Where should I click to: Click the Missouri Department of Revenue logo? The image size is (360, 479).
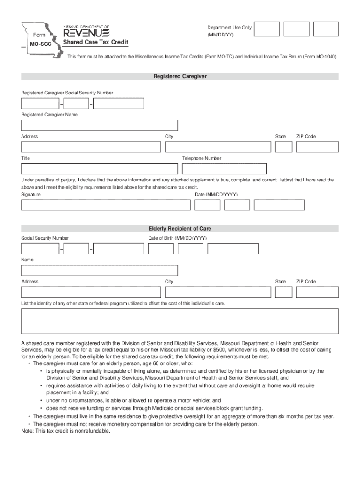coord(86,32)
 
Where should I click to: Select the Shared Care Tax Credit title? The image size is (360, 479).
coord(96,43)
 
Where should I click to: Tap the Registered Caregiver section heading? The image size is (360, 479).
coord(180,76)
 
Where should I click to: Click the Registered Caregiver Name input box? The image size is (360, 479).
coord(99,125)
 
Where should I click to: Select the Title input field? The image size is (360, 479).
coord(99,168)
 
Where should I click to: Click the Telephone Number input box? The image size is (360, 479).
coord(224,168)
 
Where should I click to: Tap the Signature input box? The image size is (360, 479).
coord(106,205)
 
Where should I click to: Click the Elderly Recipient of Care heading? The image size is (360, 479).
coord(180,229)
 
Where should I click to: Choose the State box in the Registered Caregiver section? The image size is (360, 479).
coord(283,147)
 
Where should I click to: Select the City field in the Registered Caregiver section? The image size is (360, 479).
coord(218,147)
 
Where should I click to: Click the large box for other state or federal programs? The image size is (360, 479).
coord(180,321)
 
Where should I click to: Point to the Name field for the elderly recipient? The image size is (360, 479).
coord(99,270)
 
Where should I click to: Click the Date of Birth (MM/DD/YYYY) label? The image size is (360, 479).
coord(177,238)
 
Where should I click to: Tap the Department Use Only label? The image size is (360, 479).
coord(230,28)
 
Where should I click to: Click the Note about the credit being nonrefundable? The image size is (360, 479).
coord(66,431)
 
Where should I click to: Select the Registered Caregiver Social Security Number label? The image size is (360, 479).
coord(67,93)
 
